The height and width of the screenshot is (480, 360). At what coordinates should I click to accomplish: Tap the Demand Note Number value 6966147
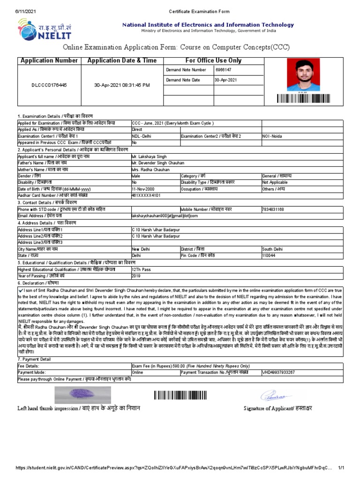(x=223, y=70)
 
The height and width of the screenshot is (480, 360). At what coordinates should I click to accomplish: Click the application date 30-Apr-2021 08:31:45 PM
(x=122, y=85)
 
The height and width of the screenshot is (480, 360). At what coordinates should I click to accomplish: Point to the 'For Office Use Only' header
(x=213, y=60)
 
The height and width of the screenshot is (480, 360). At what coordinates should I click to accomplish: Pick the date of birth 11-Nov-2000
(x=144, y=189)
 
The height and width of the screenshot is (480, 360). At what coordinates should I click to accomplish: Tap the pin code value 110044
(x=269, y=256)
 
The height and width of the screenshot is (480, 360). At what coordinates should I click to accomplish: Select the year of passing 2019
(x=136, y=276)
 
